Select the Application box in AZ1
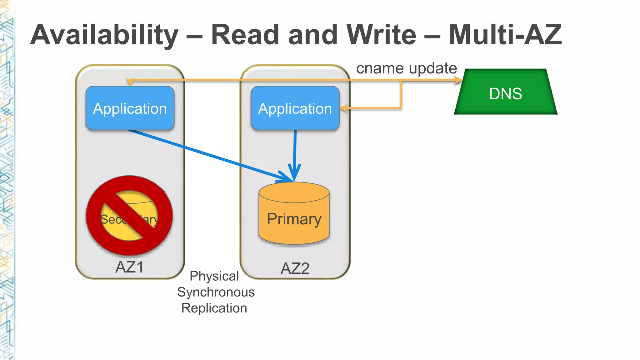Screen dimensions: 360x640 tap(130, 108)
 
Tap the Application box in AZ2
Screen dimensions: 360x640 tap(295, 108)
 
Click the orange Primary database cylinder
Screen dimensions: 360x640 tap(294, 216)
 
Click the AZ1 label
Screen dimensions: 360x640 tap(129, 267)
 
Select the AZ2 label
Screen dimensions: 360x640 tap(295, 268)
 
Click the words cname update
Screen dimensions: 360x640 tap(406, 68)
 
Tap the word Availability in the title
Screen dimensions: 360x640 tap(104, 35)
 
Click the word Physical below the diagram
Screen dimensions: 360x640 tap(214, 276)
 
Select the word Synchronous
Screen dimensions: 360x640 tap(216, 292)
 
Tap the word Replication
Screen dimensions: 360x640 tap(214, 308)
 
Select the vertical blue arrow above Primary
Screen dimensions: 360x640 tap(295, 150)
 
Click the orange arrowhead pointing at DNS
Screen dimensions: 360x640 tap(458, 80)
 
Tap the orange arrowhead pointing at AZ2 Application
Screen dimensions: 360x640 tap(344, 108)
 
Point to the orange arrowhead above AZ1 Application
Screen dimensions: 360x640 tap(130, 82)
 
